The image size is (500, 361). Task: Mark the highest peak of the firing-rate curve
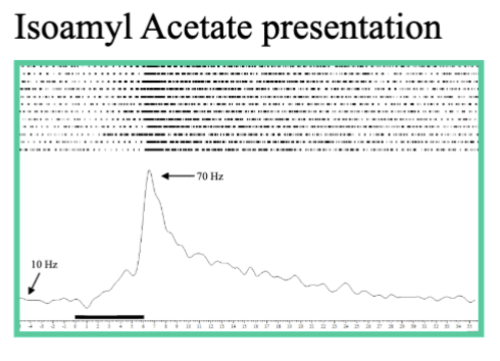pyautogui.click(x=149, y=171)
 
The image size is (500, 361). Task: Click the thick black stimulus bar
pyautogui.click(x=109, y=317)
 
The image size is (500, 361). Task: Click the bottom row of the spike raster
pyautogui.click(x=249, y=150)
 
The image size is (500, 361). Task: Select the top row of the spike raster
pyautogui.click(x=249, y=66)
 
